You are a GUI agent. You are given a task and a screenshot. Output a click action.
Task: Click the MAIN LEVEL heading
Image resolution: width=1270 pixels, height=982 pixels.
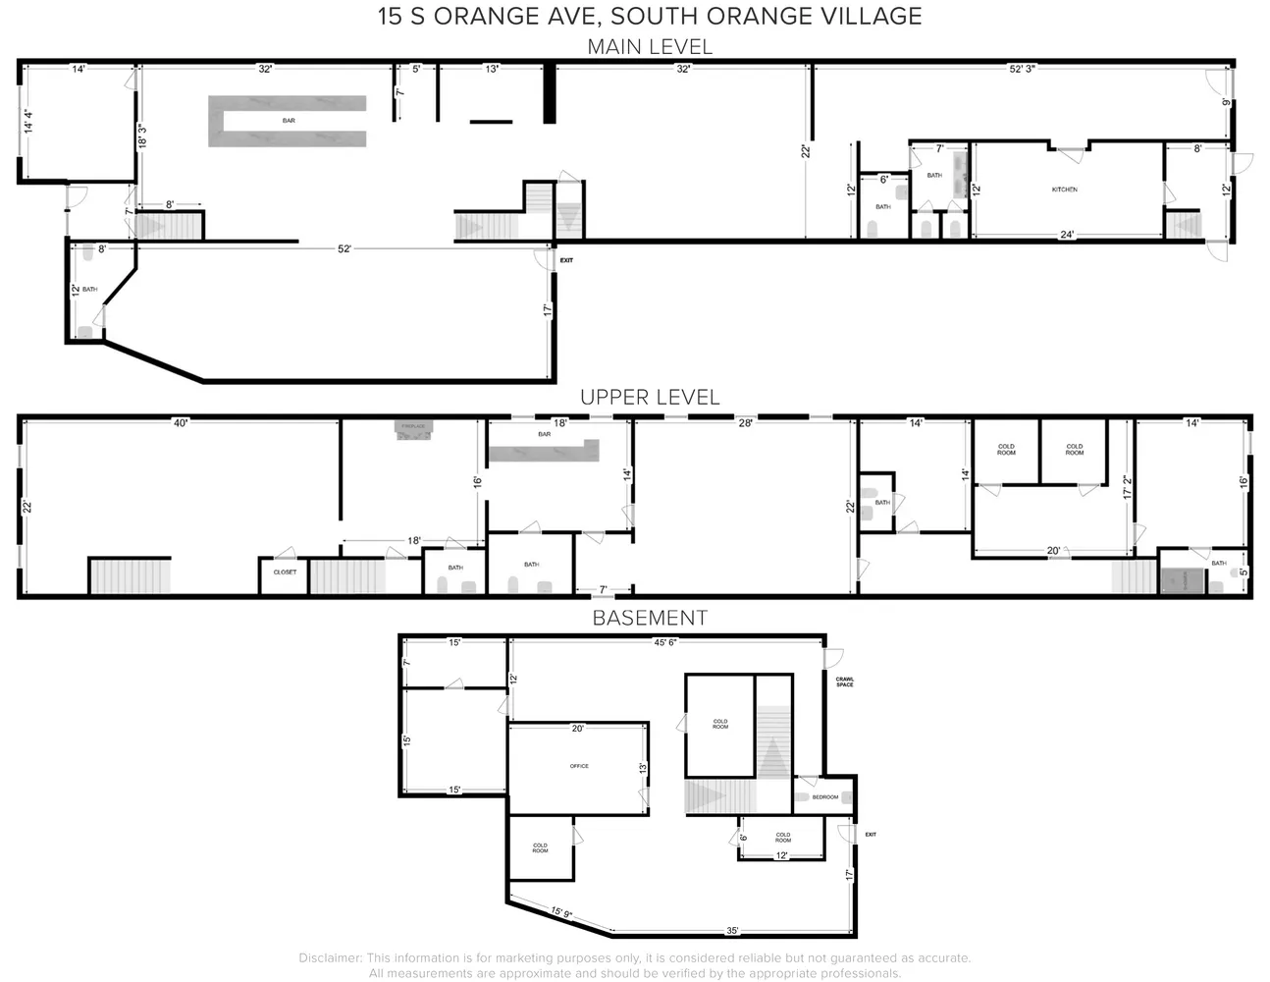click(649, 46)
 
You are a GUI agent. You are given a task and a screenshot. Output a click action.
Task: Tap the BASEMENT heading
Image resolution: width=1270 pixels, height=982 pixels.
click(649, 618)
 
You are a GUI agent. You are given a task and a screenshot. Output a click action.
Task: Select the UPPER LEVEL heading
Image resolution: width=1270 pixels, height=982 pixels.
click(649, 398)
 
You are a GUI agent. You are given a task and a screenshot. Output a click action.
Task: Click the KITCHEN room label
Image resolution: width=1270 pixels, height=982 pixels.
click(1064, 190)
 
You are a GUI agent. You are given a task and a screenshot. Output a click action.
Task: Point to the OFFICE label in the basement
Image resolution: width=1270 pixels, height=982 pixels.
click(579, 766)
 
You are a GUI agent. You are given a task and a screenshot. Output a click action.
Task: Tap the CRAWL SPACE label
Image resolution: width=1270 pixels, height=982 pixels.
click(844, 682)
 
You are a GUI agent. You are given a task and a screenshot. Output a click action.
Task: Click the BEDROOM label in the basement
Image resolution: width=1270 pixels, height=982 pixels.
click(825, 797)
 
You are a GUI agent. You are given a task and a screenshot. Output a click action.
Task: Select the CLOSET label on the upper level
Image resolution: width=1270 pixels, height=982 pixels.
click(285, 572)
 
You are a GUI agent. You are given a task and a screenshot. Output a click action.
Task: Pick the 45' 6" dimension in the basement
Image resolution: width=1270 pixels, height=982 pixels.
click(665, 643)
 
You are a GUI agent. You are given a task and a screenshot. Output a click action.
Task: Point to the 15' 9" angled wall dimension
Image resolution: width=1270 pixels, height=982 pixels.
click(561, 913)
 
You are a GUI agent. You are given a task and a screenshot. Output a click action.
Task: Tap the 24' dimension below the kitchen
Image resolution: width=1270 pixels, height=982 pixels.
click(1067, 234)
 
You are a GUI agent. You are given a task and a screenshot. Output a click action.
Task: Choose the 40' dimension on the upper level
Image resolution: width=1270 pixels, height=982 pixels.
click(181, 423)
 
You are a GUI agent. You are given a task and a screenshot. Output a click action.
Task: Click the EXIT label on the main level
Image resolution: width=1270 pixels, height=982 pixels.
click(566, 260)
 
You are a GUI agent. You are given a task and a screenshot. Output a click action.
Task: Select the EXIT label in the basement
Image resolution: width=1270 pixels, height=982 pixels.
click(870, 835)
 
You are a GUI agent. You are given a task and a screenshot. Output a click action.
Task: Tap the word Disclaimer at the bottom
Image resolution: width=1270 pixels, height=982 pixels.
click(331, 957)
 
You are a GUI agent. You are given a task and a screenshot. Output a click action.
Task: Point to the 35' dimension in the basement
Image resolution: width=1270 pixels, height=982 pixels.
click(732, 930)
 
